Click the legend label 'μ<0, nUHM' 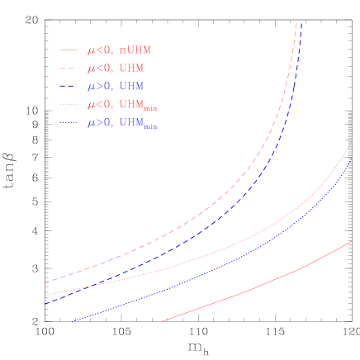click(119, 50)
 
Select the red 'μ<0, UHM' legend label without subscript click(116, 69)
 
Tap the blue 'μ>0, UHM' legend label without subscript click(116, 87)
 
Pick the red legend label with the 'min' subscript click(122, 106)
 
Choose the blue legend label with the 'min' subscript click(122, 124)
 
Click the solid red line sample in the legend click(69, 50)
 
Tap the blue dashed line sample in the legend click(69, 87)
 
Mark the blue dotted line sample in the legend click(69, 123)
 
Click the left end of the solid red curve click(162, 321)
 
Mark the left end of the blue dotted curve click(73, 321)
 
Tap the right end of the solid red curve click(352, 242)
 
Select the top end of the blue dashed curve click(301, 24)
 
